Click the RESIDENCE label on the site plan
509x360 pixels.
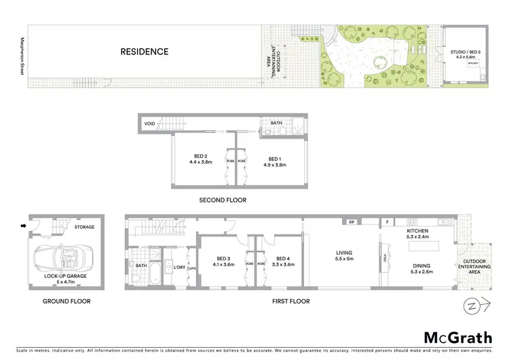145,52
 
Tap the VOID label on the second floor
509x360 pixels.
150,124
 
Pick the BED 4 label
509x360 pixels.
284,258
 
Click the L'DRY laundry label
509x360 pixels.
180,267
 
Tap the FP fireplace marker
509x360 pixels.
352,222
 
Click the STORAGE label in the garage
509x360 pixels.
85,227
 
